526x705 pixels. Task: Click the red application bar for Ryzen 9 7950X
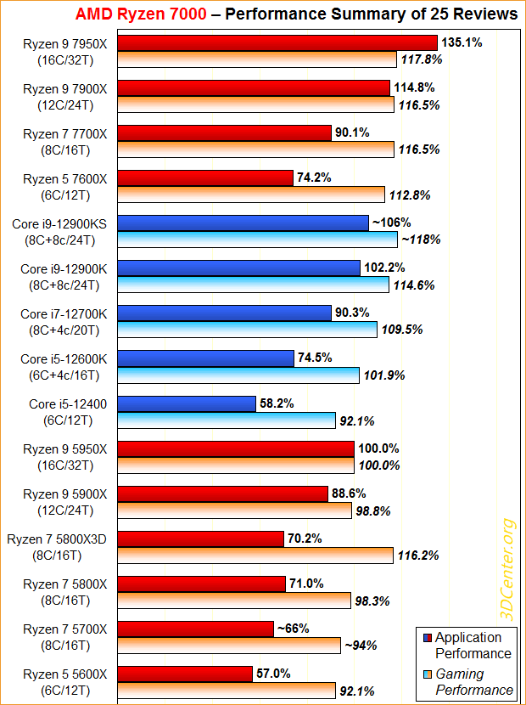(277, 42)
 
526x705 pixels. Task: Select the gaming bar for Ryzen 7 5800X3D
(255, 555)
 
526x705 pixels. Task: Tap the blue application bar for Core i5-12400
(187, 403)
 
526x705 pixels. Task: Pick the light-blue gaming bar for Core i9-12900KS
(257, 240)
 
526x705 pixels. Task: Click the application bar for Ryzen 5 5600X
(185, 673)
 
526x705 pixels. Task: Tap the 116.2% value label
(417, 555)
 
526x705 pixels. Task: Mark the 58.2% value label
(277, 403)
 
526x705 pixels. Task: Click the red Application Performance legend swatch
(426, 638)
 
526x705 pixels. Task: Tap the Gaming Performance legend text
(473, 681)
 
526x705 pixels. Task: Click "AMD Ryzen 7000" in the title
(140, 14)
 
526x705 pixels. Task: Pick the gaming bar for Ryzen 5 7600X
(251, 195)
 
